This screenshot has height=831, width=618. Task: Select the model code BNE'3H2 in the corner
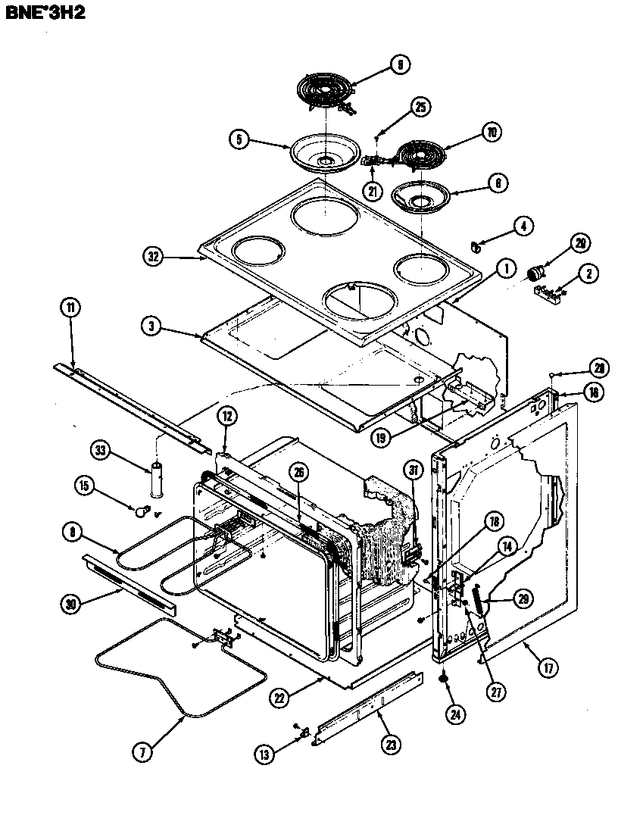pos(48,13)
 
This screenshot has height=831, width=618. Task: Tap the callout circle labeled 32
pos(154,257)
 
